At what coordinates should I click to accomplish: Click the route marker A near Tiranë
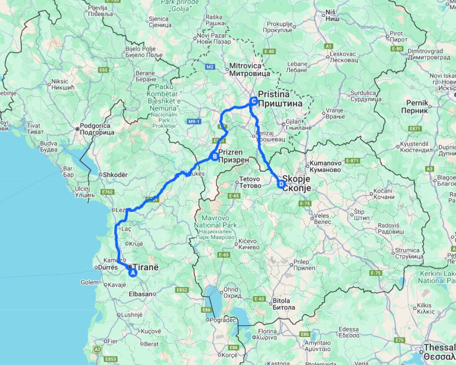point(132,273)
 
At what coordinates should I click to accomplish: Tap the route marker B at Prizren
point(214,156)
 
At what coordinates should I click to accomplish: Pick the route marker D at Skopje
point(281,184)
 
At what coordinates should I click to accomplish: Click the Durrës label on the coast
point(107,268)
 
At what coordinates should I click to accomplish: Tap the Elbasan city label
point(139,294)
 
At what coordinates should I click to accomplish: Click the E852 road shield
point(182,290)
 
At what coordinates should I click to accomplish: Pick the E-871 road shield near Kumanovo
point(352,160)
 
